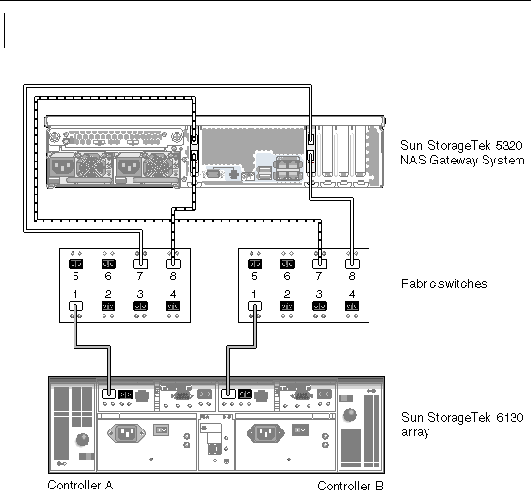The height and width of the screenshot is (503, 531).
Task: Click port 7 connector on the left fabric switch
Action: [141, 263]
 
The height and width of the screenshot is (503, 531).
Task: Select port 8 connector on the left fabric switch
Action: [173, 263]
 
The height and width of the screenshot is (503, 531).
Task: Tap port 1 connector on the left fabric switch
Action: [75, 306]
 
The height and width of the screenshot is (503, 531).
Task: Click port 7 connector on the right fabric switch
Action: [320, 263]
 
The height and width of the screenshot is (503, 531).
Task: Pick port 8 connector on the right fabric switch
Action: [352, 263]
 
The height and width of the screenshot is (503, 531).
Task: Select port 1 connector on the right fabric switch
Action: [254, 306]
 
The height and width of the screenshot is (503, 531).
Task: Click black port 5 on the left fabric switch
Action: [75, 264]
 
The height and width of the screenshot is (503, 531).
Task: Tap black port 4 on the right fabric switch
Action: [352, 306]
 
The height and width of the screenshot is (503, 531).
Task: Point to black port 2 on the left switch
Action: [108, 306]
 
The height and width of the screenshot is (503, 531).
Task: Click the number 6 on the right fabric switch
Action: [287, 276]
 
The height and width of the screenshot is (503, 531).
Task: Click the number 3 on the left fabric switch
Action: [140, 294]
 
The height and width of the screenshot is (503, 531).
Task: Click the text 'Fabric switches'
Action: [444, 283]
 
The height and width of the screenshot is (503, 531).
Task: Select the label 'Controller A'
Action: [80, 485]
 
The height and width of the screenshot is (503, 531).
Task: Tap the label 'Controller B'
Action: [350, 486]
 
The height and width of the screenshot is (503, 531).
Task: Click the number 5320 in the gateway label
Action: [509, 146]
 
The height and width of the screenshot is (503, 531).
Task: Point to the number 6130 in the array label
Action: [510, 417]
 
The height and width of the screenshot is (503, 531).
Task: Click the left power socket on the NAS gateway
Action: [62, 167]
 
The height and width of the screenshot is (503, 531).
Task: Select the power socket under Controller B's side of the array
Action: [266, 433]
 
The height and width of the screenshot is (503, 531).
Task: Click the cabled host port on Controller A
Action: [108, 394]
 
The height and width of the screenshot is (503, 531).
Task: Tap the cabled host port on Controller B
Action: [228, 394]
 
